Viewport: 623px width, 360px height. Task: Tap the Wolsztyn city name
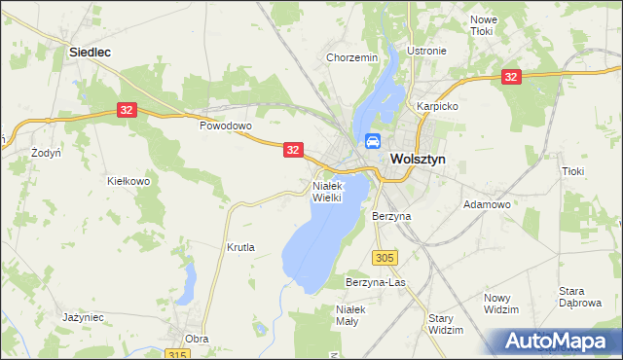click(x=418, y=160)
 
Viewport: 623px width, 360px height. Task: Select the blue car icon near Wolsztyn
click(x=372, y=142)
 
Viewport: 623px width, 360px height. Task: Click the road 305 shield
click(x=385, y=257)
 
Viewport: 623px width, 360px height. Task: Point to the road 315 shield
click(x=176, y=354)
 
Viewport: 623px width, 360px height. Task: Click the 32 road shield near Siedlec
click(x=127, y=111)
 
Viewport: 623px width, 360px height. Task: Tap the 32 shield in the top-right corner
click(x=510, y=76)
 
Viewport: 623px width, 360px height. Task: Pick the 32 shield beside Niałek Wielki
click(x=295, y=149)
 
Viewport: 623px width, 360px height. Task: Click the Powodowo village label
click(x=226, y=126)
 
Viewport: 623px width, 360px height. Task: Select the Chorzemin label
click(x=351, y=58)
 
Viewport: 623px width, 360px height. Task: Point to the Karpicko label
click(x=437, y=105)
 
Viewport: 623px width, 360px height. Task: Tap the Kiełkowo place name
click(x=128, y=181)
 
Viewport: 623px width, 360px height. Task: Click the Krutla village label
click(x=240, y=247)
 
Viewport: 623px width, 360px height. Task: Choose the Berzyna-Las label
click(x=375, y=282)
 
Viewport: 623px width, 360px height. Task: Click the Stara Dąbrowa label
click(x=578, y=297)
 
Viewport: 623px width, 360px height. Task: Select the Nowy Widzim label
click(x=501, y=303)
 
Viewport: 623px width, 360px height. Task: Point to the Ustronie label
click(x=427, y=51)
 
